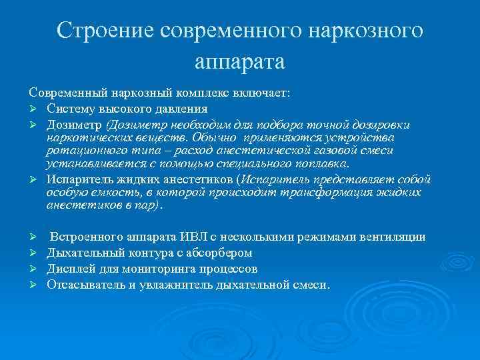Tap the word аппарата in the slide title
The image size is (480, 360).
[239, 61]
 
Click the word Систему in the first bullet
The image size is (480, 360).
[69, 109]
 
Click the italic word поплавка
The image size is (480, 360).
[323, 164]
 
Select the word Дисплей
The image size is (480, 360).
[70, 269]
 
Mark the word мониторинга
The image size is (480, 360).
[158, 269]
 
